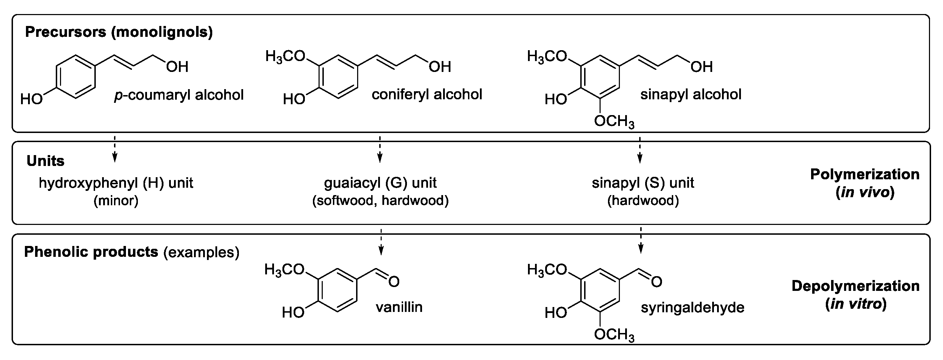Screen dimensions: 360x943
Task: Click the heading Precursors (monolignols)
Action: [119, 32]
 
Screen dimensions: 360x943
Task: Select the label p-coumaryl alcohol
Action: [179, 95]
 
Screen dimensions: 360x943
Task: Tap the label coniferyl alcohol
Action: [427, 94]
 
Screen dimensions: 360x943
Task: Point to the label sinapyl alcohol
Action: [691, 94]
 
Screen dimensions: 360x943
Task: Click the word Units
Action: [45, 161]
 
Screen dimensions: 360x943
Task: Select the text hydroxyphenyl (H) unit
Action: [116, 183]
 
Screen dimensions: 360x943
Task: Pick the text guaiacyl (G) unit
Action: [380, 183]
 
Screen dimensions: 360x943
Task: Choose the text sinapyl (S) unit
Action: [643, 183]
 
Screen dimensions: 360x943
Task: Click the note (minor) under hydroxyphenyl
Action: [116, 201]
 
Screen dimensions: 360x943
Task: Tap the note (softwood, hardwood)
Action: [380, 201]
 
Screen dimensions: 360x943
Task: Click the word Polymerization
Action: [865, 174]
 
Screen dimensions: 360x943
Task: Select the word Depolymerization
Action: [856, 286]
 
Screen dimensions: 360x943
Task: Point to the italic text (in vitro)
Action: [856, 304]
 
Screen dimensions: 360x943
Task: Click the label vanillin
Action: [399, 307]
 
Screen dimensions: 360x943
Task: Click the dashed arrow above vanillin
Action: [381, 242]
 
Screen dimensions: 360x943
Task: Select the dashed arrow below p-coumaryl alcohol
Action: [115, 149]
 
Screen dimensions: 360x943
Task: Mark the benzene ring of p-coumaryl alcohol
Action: [76, 77]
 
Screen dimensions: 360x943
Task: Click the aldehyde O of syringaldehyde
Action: [656, 282]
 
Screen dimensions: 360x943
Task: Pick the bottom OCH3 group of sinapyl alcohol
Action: [614, 121]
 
